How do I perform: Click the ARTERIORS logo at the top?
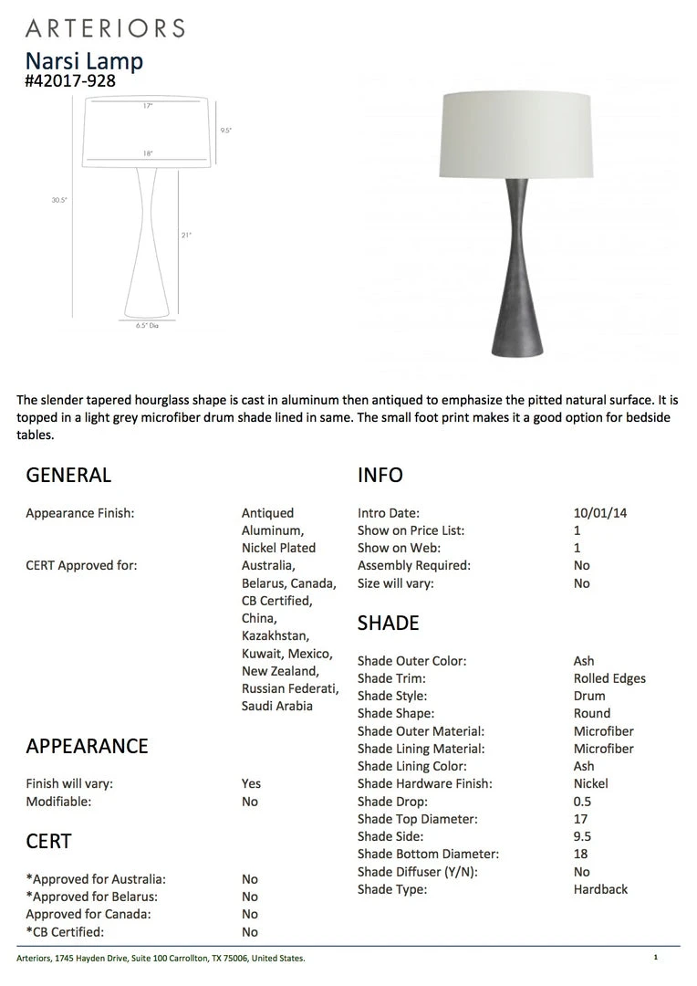pos(105,28)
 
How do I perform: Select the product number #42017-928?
pos(70,80)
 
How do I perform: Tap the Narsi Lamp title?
pos(84,61)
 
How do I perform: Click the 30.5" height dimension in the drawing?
pos(59,199)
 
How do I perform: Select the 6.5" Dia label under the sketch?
pos(147,325)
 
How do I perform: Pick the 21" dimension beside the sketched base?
pos(185,235)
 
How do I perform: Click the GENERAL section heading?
pos(68,475)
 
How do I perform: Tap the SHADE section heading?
pos(389,624)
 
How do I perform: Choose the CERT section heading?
pos(48,841)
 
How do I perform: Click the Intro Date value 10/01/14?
pos(600,513)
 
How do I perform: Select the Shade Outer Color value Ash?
pos(584,661)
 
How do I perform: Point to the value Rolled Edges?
pos(609,678)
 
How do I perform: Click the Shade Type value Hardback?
pos(600,889)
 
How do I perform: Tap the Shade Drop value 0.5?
pos(582,802)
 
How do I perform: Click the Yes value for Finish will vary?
pos(251,783)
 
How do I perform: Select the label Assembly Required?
pos(414,565)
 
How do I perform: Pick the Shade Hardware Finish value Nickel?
pos(590,783)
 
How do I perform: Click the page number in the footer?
pos(655,957)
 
